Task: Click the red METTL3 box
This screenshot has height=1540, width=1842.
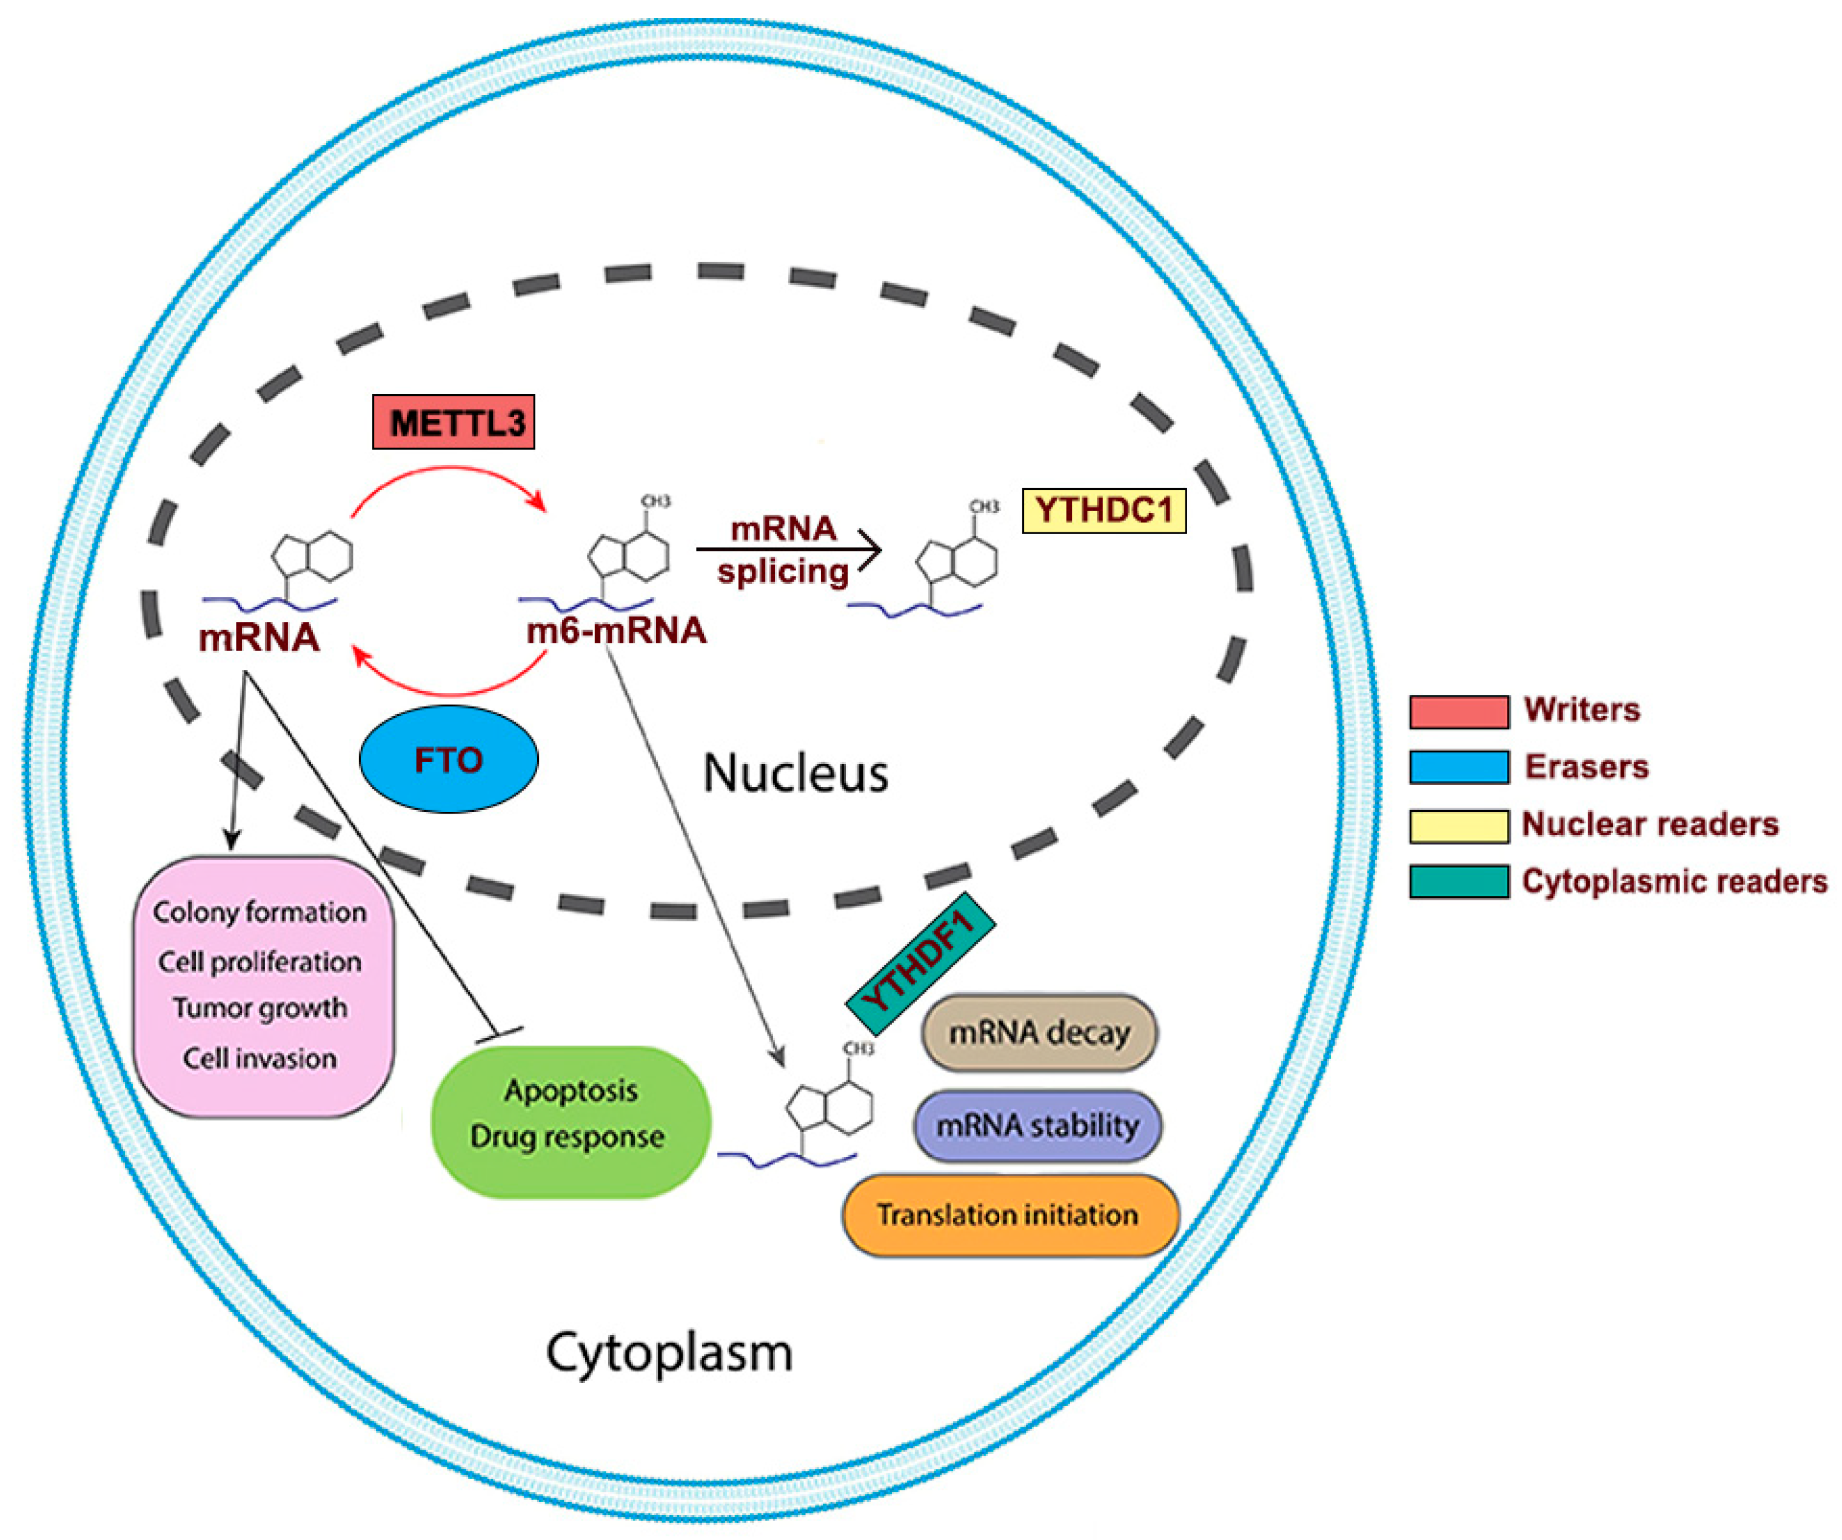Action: point(454,422)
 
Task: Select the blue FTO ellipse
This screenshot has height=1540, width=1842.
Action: point(448,760)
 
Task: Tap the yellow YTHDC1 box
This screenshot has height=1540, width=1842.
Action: point(1104,511)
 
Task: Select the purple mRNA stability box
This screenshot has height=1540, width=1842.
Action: point(1037,1125)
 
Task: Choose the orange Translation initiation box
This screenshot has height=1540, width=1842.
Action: point(1010,1216)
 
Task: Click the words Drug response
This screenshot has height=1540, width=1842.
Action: point(567,1137)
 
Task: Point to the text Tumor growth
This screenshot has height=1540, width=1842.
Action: point(260,1008)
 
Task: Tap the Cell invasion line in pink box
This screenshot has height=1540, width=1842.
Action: point(260,1059)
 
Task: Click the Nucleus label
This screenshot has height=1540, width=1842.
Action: point(795,774)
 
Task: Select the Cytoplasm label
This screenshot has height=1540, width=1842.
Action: point(669,1351)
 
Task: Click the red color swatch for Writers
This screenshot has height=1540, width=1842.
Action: point(1459,711)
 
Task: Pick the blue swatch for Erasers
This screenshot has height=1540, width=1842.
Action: point(1459,766)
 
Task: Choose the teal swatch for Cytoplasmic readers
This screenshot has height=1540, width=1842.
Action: point(1459,882)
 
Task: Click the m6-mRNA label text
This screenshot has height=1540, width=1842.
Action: point(617,631)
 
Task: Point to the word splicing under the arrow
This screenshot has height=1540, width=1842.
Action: point(782,572)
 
